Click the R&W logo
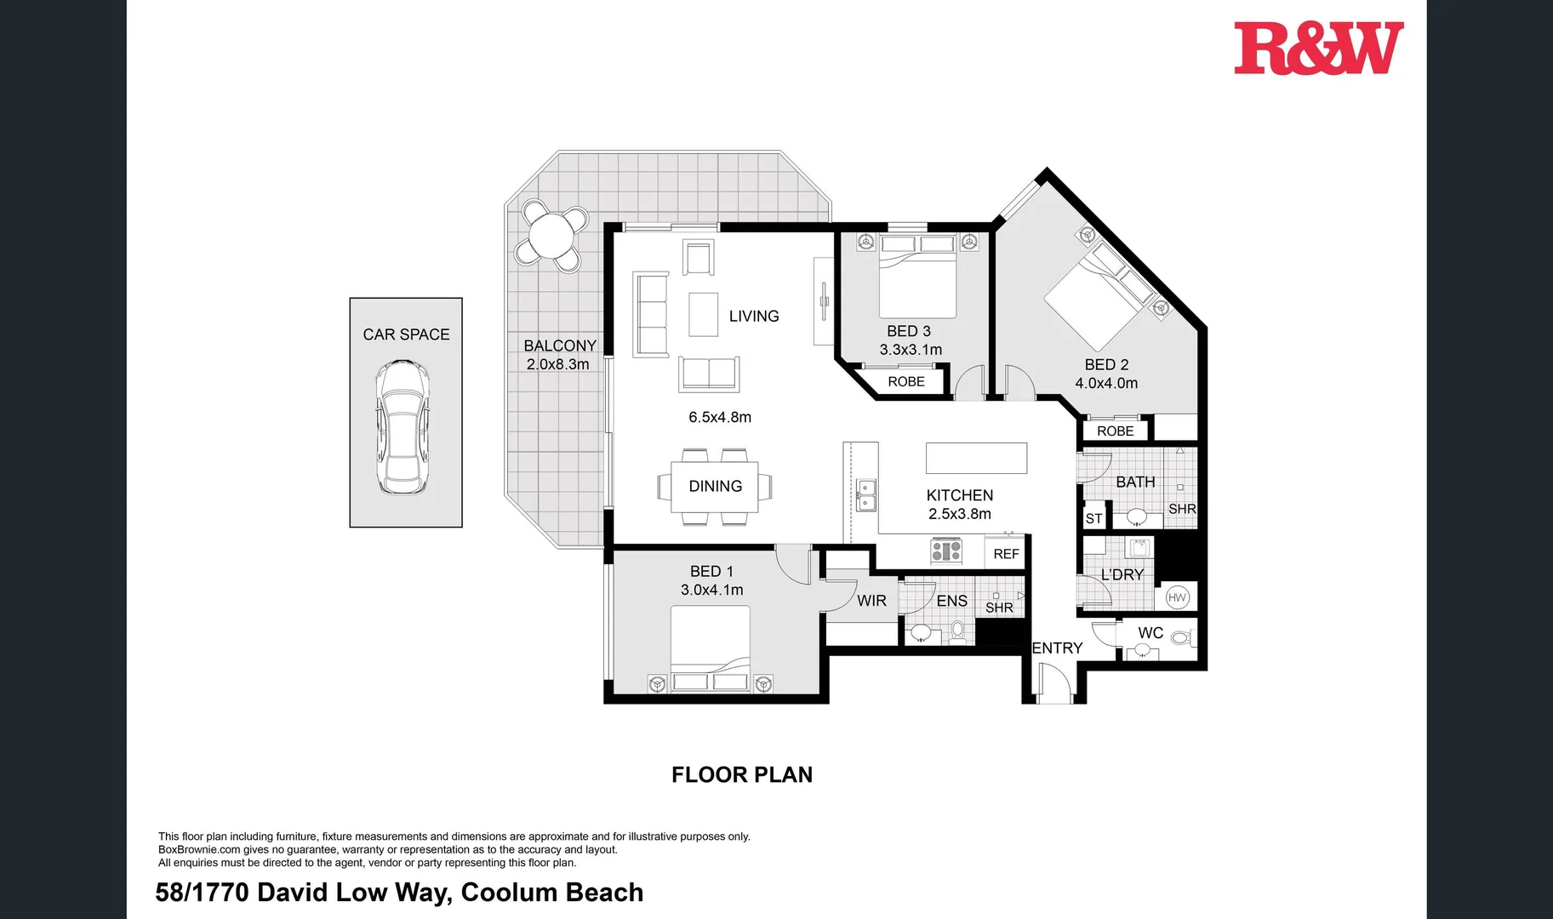(1318, 49)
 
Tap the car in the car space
(403, 427)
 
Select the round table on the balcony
(551, 235)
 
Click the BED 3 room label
(909, 331)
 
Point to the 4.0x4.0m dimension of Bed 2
(1106, 383)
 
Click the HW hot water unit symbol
(1177, 597)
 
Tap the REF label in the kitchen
(1006, 554)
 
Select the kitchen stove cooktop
(946, 551)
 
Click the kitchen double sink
(865, 495)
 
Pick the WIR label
(871, 601)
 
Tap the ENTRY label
(1057, 648)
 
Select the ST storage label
(1093, 518)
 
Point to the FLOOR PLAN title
(742, 774)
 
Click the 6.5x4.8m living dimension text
(720, 417)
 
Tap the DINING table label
(715, 486)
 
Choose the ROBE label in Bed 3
(906, 382)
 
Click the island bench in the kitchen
(976, 458)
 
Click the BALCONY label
(560, 345)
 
